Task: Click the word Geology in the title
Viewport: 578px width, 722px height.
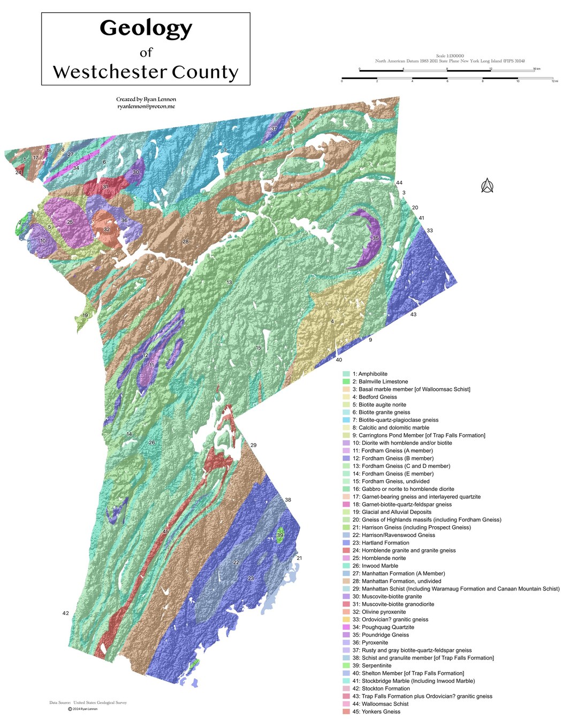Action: [x=146, y=28]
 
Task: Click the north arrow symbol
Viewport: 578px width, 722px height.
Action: [x=486, y=186]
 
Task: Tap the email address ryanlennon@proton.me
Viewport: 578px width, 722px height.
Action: [x=146, y=106]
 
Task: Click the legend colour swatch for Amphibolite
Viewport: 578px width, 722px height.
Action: [x=346, y=374]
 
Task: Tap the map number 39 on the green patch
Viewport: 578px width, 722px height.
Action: [x=280, y=535]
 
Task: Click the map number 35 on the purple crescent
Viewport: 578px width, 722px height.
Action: [x=376, y=239]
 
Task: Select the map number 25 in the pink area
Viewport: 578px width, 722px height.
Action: [x=70, y=222]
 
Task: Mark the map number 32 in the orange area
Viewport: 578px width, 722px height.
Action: [x=107, y=229]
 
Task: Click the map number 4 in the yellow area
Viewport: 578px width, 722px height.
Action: [x=332, y=321]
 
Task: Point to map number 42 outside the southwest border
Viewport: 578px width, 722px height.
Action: [x=65, y=613]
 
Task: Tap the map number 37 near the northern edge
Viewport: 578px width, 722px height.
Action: [x=274, y=129]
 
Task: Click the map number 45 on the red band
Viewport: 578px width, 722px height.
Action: [x=166, y=531]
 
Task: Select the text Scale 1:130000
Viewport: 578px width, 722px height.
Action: [x=450, y=56]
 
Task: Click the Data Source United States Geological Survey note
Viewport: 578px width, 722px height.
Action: [x=88, y=703]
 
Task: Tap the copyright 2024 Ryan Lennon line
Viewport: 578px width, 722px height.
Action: [x=82, y=709]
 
